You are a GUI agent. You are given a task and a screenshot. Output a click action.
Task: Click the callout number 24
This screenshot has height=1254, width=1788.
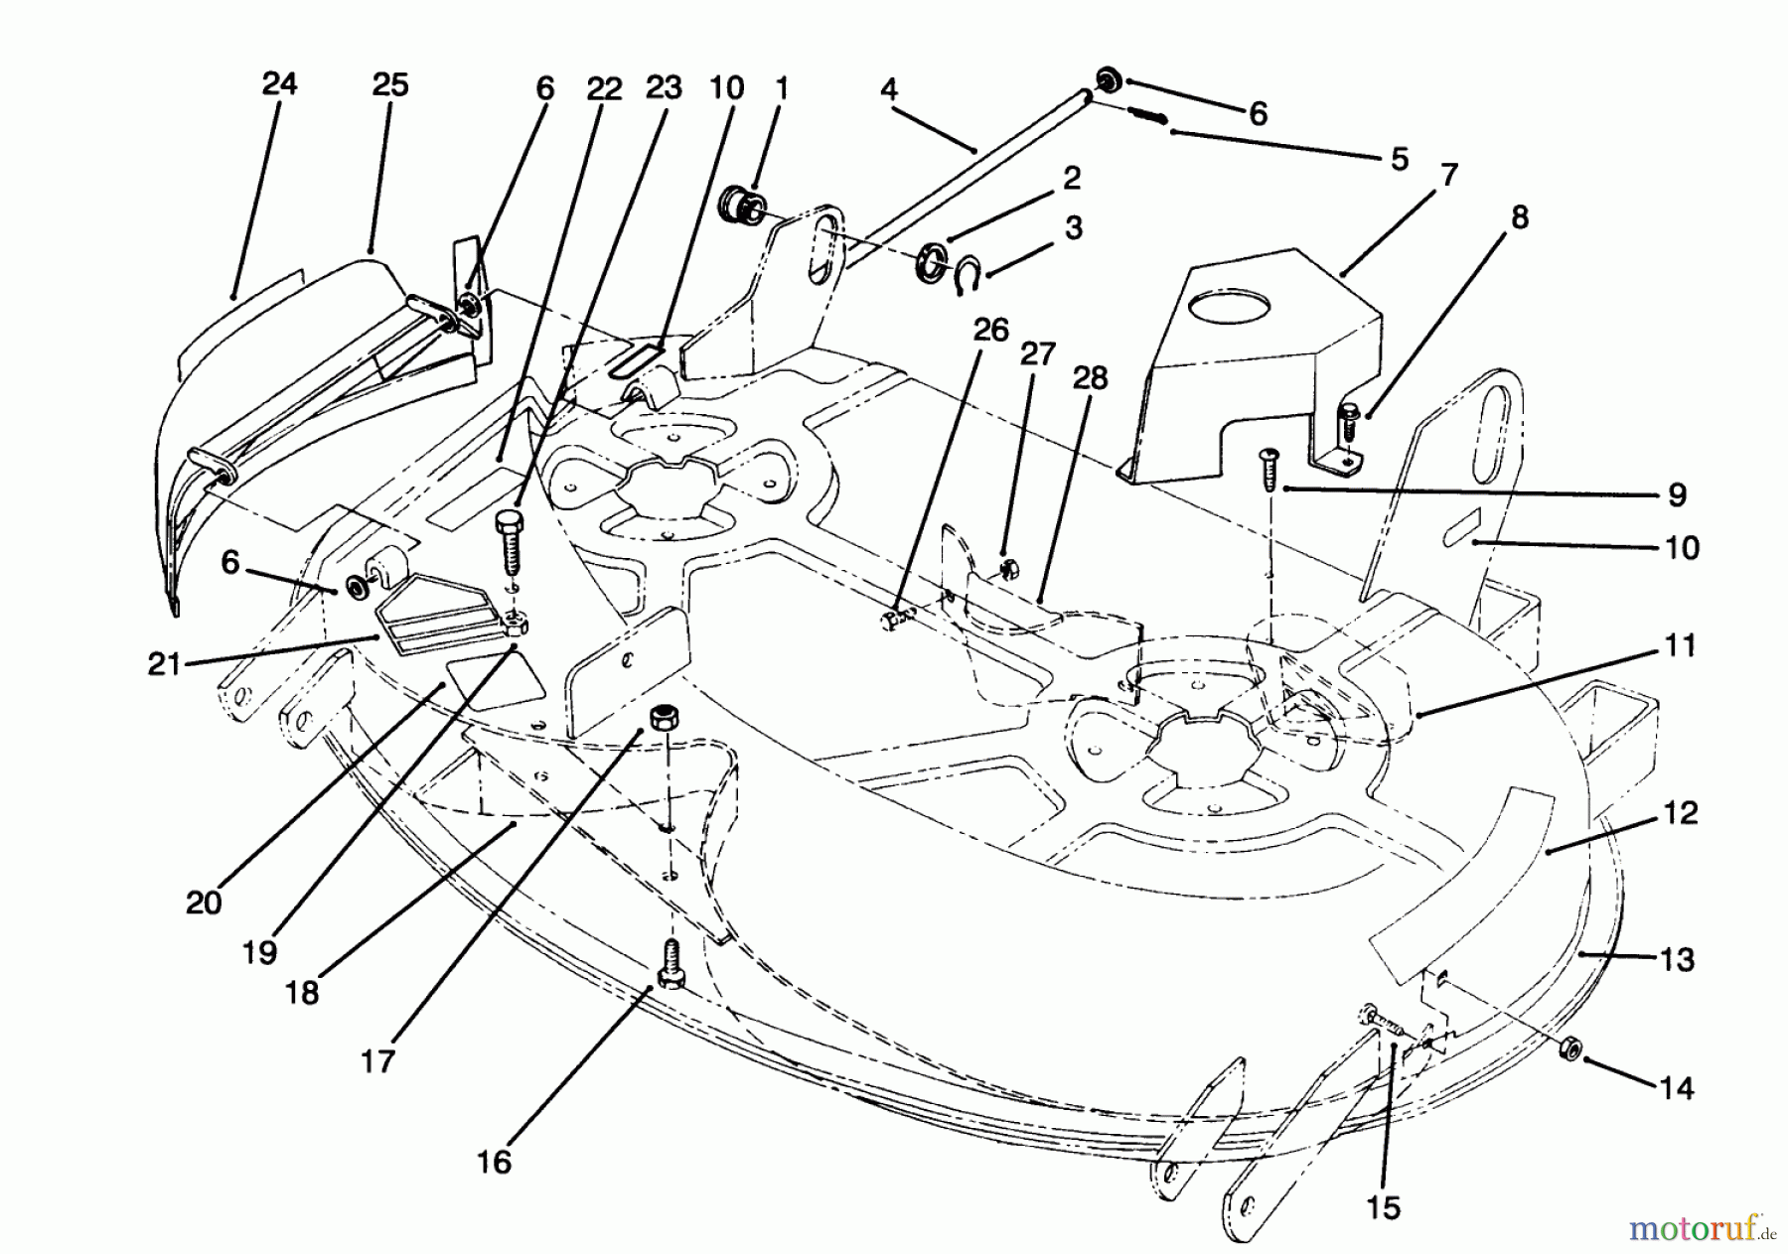279,83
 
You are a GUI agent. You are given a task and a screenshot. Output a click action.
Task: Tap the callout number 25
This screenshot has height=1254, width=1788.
390,85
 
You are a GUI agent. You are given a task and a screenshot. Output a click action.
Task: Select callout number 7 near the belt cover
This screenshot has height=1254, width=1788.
1448,177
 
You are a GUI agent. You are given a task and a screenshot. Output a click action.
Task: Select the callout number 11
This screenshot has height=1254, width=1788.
1679,646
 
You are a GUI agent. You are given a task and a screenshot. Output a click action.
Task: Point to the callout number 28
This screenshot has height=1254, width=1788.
1090,378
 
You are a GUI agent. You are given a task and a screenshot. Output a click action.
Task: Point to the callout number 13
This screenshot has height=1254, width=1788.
1678,960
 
